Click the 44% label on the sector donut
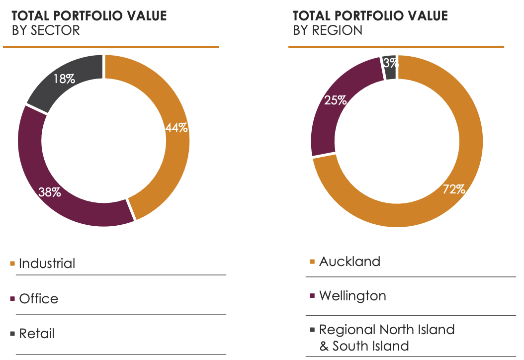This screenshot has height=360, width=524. pyautogui.click(x=176, y=128)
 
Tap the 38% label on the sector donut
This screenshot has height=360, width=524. pyautogui.click(x=50, y=192)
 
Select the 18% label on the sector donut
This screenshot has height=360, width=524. pyautogui.click(x=65, y=78)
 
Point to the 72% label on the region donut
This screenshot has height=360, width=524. pyautogui.click(x=454, y=189)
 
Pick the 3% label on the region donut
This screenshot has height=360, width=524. pyautogui.click(x=390, y=63)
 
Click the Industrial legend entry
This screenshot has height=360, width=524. pyautogui.click(x=47, y=263)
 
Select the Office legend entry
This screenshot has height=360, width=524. pyautogui.click(x=38, y=298)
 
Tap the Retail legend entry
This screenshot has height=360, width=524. pyautogui.click(x=37, y=333)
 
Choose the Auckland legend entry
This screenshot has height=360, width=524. pyautogui.click(x=349, y=261)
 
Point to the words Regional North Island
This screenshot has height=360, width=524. pyautogui.click(x=387, y=329)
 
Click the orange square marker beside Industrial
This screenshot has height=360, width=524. pyautogui.click(x=12, y=264)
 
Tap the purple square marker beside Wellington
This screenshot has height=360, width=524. pyautogui.click(x=312, y=296)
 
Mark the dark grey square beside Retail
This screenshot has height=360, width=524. pyautogui.click(x=12, y=334)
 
